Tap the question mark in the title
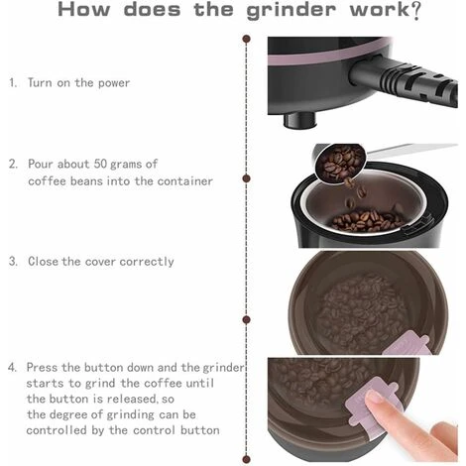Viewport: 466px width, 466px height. pyautogui.click(x=415, y=11)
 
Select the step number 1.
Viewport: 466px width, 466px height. pyautogui.click(x=13, y=82)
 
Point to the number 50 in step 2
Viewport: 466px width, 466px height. pyautogui.click(x=100, y=164)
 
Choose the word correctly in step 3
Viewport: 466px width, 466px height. pyautogui.click(x=147, y=262)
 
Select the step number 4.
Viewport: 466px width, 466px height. pyautogui.click(x=12, y=367)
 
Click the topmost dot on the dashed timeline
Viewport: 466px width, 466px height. pyautogui.click(x=246, y=39)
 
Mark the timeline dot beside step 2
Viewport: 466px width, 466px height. pyautogui.click(x=246, y=178)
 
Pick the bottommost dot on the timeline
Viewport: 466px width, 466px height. pyautogui.click(x=246, y=459)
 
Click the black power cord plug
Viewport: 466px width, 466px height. pyautogui.click(x=405, y=81)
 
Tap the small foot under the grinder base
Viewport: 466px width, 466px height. pyautogui.click(x=299, y=120)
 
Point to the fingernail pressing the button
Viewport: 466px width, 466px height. pyautogui.click(x=375, y=398)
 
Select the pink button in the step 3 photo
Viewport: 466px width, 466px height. pyautogui.click(x=406, y=344)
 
